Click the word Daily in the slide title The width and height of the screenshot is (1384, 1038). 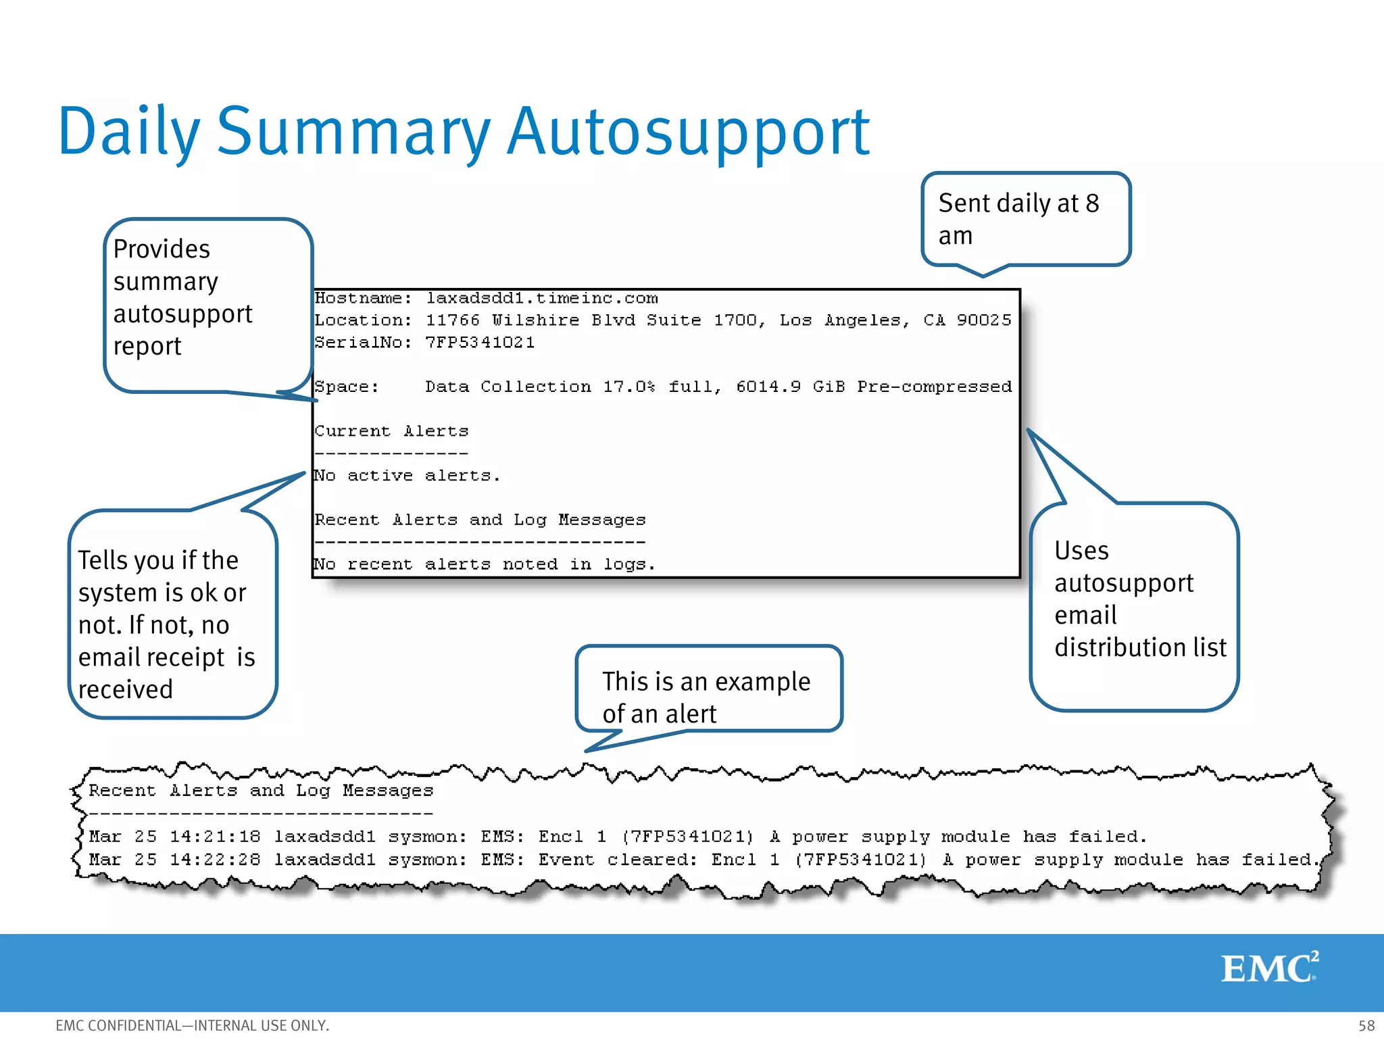coord(129,132)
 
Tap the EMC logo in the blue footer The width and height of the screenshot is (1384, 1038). coord(1269,968)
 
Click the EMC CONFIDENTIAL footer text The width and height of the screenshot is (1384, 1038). coord(192,1025)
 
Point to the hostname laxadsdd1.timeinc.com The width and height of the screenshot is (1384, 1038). coord(541,298)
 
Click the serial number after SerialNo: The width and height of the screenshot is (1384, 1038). coord(480,343)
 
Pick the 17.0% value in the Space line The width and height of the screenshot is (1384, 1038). coord(628,387)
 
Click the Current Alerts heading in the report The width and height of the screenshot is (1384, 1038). coord(391,431)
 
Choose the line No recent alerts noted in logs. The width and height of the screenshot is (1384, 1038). coord(484,564)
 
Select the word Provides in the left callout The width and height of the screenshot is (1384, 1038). coord(162,249)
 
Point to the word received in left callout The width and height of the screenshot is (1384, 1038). coord(126,689)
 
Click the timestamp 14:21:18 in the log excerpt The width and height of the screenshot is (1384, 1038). coord(215,837)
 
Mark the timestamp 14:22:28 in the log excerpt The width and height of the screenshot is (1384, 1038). coord(215,860)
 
